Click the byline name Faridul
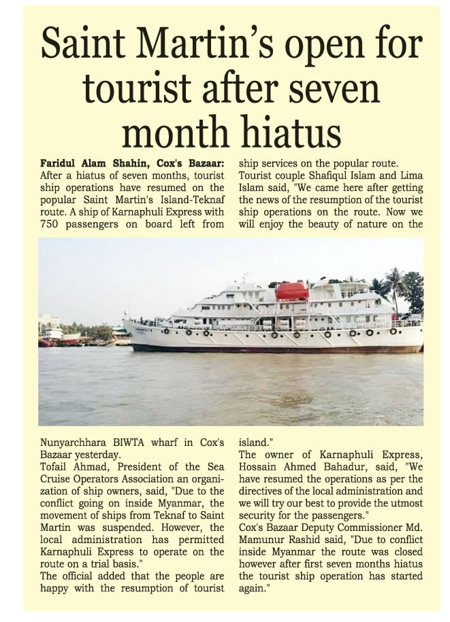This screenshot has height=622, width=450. coord(58,164)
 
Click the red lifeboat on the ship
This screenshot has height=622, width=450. coord(292,291)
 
